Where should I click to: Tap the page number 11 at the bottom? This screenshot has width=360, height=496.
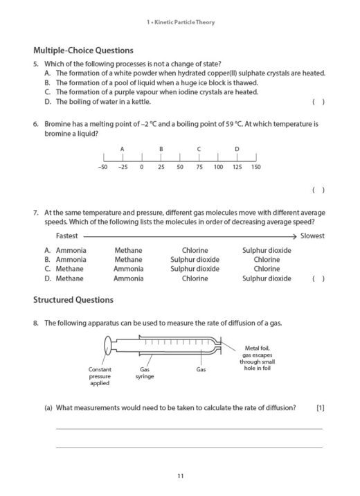180,475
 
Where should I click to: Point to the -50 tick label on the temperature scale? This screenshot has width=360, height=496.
103,168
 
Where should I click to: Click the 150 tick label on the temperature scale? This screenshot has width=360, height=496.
255,168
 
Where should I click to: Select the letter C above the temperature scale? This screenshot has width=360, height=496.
199,149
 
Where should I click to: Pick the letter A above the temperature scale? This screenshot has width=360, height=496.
122,149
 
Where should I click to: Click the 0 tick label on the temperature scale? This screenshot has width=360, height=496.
141,168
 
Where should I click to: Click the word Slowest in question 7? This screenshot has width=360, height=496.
312,236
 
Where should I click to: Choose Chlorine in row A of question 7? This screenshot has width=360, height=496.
195,250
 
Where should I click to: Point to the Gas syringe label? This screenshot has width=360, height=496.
145,373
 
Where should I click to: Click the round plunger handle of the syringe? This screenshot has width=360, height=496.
107,345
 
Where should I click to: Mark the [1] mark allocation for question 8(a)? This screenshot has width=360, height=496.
319,407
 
